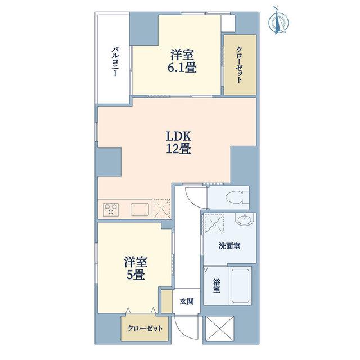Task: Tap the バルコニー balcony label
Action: pyautogui.click(x=115, y=61)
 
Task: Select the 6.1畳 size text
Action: pyautogui.click(x=182, y=68)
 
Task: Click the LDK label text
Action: pyautogui.click(x=179, y=136)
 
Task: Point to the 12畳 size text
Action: pyautogui.click(x=179, y=149)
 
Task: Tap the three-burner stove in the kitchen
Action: pyautogui.click(x=111, y=209)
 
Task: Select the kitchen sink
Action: pyautogui.click(x=140, y=209)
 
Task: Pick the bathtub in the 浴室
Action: pyautogui.click(x=240, y=285)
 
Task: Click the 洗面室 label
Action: pyautogui.click(x=229, y=246)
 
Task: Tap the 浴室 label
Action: pyautogui.click(x=217, y=285)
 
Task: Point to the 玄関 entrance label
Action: pyautogui.click(x=186, y=301)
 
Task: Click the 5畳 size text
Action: pyautogui.click(x=136, y=274)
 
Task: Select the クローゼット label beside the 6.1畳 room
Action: pyautogui.click(x=239, y=65)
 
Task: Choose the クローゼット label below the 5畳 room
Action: pyautogui.click(x=145, y=328)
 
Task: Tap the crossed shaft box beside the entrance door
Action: pyautogui.click(x=219, y=330)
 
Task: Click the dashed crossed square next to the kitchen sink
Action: pyautogui.click(x=161, y=209)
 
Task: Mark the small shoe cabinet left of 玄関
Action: pyautogui.click(x=166, y=301)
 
